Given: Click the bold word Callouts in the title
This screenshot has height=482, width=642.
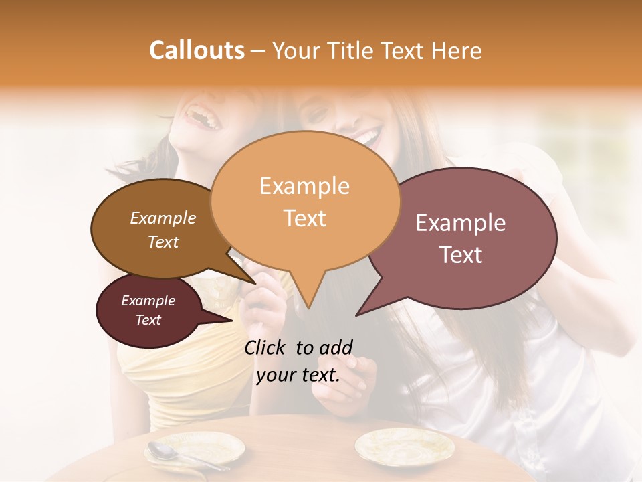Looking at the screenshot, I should (x=197, y=50).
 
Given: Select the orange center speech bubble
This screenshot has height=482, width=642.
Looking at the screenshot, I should (x=305, y=201).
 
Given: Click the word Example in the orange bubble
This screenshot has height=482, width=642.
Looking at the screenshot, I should (x=305, y=186).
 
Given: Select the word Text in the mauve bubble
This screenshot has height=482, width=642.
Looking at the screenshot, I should (x=461, y=255).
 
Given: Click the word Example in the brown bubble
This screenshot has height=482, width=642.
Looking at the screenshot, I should (x=163, y=218).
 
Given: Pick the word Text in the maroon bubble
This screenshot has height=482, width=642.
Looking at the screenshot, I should (x=148, y=320).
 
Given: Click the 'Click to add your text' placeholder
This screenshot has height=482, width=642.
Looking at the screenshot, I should (x=298, y=361).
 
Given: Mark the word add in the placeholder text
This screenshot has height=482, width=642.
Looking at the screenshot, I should (x=336, y=347).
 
